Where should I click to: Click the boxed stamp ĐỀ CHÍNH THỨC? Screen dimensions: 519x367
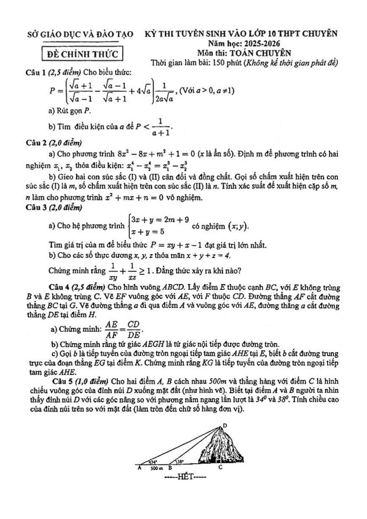click(x=82, y=54)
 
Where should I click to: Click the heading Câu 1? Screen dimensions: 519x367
click(x=36, y=72)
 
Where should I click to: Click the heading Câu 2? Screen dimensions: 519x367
click(x=36, y=143)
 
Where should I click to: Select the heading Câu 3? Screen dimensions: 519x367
click(x=36, y=208)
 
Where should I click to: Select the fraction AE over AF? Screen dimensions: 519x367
click(x=111, y=329)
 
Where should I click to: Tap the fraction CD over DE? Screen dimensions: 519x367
click(x=133, y=329)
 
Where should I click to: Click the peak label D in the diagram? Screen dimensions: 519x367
click(x=225, y=426)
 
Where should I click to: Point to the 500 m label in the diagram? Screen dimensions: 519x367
click(x=156, y=468)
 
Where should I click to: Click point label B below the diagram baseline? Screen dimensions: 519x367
click(x=170, y=468)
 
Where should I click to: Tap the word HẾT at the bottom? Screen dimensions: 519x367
click(x=185, y=477)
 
